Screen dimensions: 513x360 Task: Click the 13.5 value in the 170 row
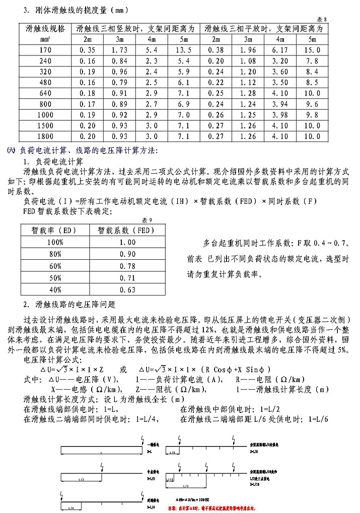(182, 50)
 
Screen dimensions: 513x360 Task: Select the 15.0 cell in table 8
(312, 50)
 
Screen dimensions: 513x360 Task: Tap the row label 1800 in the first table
(45, 136)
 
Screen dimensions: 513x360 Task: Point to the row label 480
(45, 82)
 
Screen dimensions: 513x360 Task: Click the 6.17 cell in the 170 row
(280, 50)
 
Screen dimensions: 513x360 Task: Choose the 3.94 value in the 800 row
(280, 104)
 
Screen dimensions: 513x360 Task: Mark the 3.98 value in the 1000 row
(280, 115)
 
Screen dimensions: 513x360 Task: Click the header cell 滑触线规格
(45, 29)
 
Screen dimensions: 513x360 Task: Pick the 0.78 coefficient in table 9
(128, 266)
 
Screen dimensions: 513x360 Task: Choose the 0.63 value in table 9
(128, 289)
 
